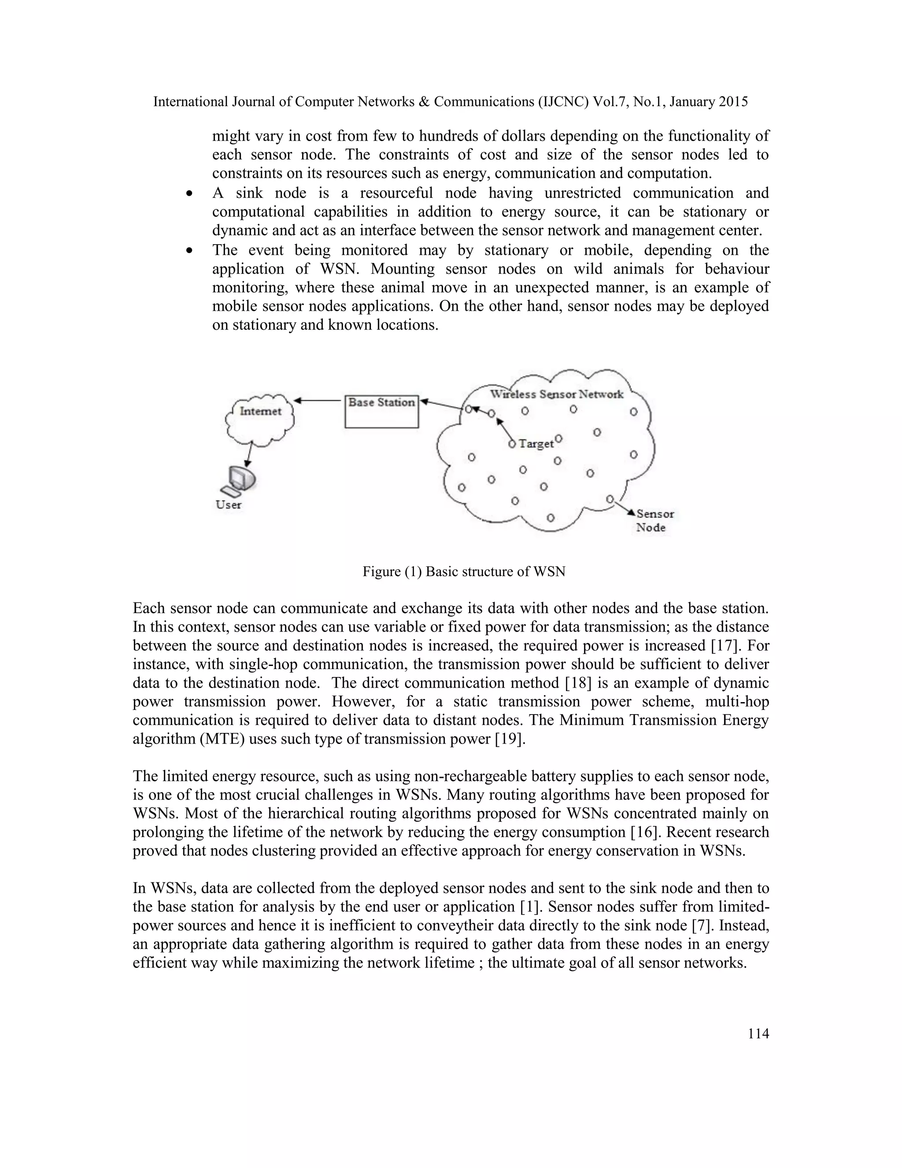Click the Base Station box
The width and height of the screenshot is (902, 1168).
tap(381, 411)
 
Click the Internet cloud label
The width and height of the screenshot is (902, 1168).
tap(260, 411)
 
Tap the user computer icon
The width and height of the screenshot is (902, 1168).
tap(239, 479)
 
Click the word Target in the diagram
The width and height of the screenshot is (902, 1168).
tap(536, 444)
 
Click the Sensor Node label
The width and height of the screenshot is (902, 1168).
tap(654, 521)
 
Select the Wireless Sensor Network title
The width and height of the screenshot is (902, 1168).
tap(557, 394)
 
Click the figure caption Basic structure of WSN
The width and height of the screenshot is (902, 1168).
tap(463, 572)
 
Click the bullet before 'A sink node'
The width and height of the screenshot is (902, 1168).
tap(190, 194)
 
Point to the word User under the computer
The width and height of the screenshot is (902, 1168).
tap(229, 505)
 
